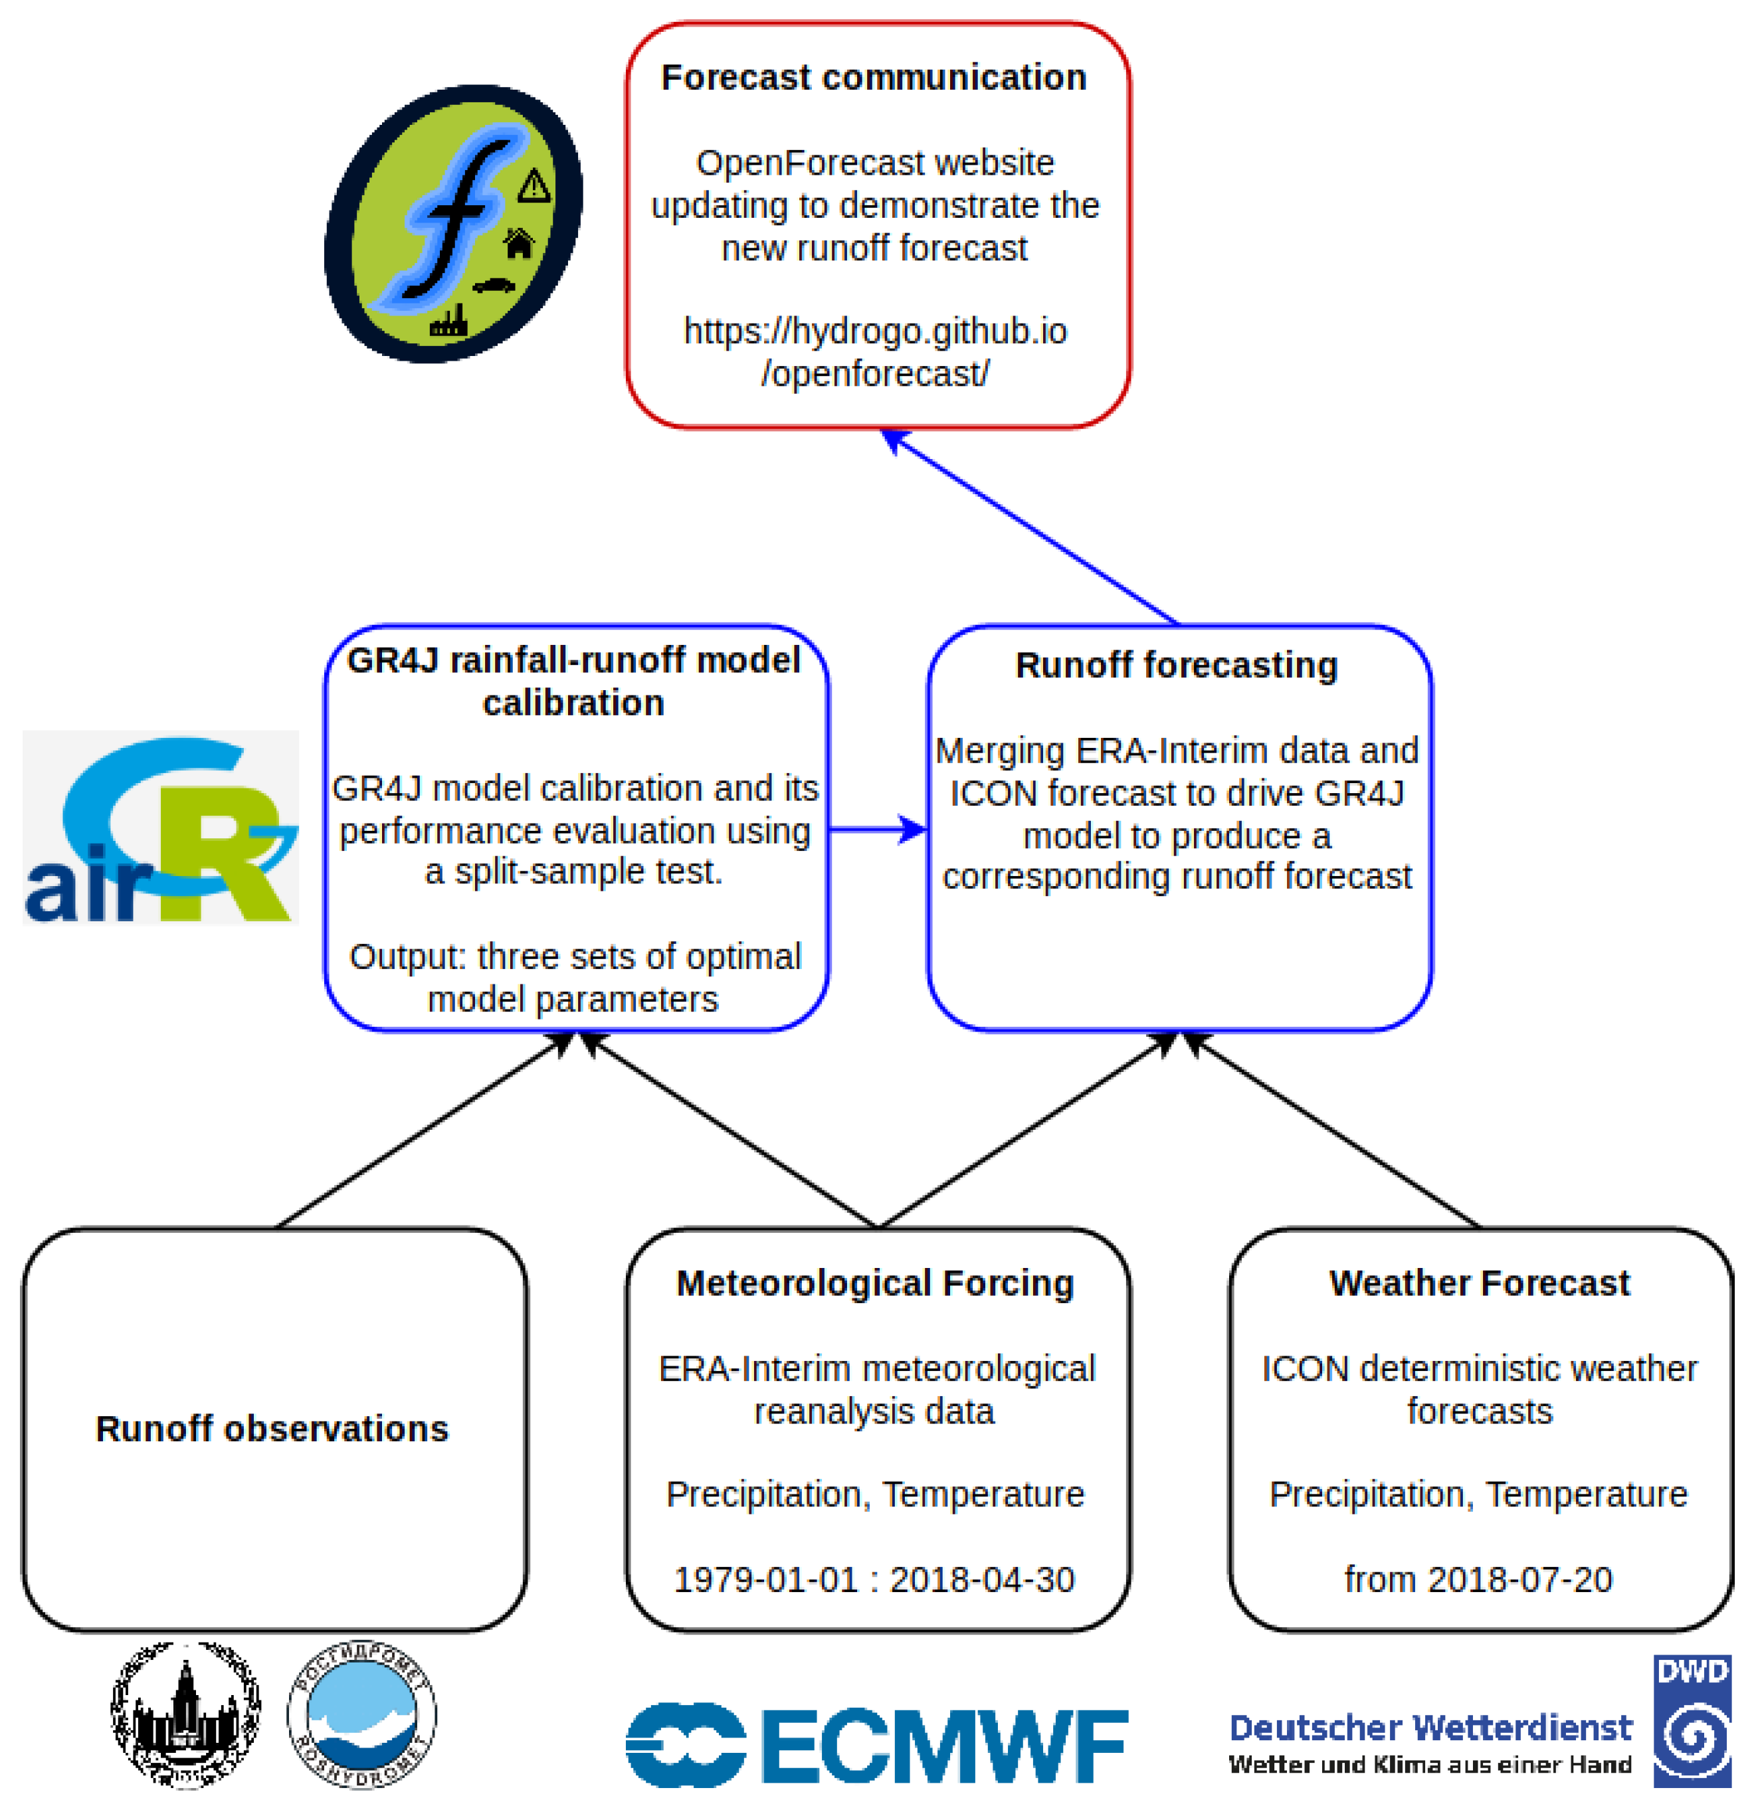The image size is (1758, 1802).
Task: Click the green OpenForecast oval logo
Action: click(x=452, y=223)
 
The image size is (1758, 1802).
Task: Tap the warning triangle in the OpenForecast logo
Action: click(x=534, y=187)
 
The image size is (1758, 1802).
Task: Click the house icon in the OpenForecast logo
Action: click(x=519, y=244)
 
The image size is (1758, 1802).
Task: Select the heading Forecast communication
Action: click(x=874, y=78)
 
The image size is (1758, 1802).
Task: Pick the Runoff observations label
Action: click(x=272, y=1428)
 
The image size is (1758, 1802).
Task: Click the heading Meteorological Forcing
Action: click(x=874, y=1283)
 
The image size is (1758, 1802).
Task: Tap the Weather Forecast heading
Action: click(x=1479, y=1283)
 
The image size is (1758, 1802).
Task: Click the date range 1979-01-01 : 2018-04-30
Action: click(x=874, y=1579)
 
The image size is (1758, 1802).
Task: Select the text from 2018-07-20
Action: click(x=1478, y=1579)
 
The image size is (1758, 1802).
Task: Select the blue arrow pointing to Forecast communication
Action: click(x=1030, y=526)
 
